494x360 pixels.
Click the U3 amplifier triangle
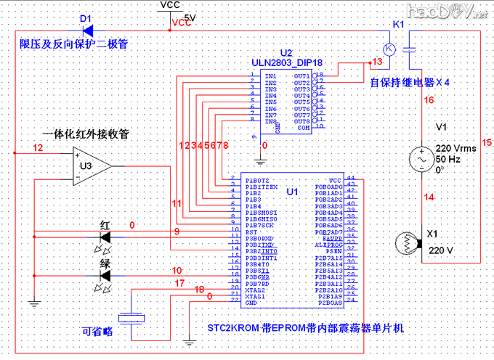coord(92,166)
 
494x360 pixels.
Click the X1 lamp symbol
coord(408,242)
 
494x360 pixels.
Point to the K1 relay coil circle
coord(389,49)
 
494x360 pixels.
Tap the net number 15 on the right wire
coord(486,144)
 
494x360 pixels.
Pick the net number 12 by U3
coord(38,148)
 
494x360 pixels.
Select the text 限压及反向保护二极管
coord(74,44)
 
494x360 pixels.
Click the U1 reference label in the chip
coord(293,192)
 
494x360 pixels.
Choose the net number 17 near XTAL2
coord(179,285)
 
